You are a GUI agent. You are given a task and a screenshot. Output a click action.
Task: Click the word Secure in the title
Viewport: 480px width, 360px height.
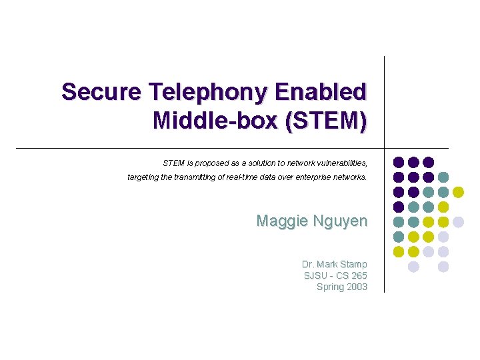(101, 91)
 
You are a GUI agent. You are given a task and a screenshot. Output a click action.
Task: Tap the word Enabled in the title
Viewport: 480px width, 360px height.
(331, 91)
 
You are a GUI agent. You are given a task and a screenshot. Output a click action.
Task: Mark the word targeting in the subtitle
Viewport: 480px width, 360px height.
(145, 178)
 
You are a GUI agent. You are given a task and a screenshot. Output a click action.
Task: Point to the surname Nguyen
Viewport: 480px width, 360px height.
(340, 221)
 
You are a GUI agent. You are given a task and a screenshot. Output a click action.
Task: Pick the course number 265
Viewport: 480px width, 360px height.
(359, 275)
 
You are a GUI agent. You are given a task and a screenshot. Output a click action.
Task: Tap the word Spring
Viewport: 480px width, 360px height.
(330, 287)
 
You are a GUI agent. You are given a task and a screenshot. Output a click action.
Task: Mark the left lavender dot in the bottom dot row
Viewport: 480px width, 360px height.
(413, 267)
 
